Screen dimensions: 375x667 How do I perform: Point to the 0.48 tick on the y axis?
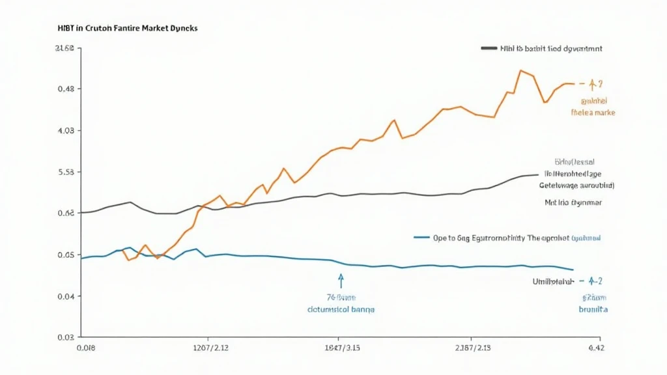coord(66,89)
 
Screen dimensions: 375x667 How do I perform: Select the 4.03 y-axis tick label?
coord(66,130)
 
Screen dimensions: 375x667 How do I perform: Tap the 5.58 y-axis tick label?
coord(66,172)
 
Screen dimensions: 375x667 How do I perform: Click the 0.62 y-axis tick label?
coord(66,213)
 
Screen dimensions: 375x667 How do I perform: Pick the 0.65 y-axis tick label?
coord(66,255)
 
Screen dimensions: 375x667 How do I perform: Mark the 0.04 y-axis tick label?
coord(66,296)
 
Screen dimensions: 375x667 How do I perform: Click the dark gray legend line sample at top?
coord(489,48)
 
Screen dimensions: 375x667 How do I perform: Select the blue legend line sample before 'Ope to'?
coord(421,238)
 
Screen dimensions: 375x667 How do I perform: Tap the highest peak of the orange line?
coord(521,70)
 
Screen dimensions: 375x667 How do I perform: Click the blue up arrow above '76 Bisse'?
coord(341,280)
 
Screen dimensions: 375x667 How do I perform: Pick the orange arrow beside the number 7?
coord(592,84)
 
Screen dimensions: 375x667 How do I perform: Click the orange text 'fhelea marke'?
coord(593,113)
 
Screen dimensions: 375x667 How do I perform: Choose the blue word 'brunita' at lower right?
coord(593,309)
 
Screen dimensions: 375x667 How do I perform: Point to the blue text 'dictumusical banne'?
coord(341,309)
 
